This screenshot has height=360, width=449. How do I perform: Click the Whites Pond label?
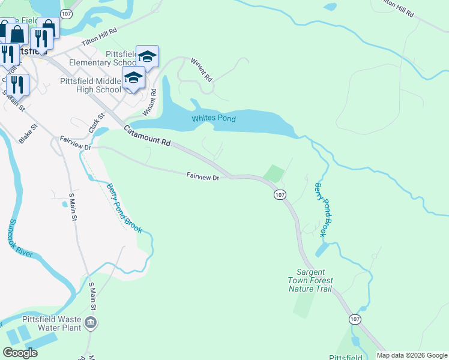(213, 119)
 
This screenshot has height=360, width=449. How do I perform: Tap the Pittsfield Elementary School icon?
(147, 56)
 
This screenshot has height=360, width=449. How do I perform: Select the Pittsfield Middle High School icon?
(133, 78)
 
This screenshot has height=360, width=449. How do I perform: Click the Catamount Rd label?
(148, 136)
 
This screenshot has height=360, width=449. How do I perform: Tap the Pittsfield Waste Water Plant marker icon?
(91, 324)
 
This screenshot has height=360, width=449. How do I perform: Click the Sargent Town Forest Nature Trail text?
(310, 280)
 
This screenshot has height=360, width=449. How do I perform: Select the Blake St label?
(28, 133)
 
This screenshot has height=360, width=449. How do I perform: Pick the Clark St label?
(94, 124)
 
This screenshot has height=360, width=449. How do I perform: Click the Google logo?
(20, 353)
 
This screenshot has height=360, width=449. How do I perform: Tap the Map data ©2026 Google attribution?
(412, 355)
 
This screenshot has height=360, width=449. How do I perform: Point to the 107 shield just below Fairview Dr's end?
(280, 195)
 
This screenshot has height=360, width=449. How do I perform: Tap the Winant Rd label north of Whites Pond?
(201, 70)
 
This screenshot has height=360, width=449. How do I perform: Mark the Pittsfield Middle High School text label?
(91, 85)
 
